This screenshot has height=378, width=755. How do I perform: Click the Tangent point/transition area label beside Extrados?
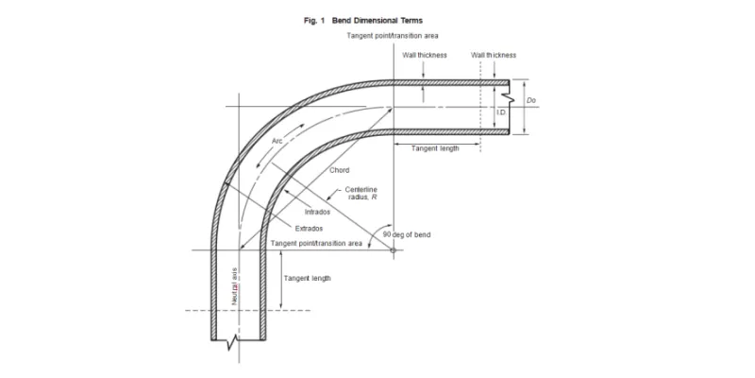(317, 243)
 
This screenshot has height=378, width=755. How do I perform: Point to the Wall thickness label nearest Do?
(491, 55)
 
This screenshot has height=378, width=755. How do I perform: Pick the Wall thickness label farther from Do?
(425, 55)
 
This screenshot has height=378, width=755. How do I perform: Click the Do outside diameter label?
(532, 99)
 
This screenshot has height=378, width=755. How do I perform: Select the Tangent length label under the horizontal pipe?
(435, 148)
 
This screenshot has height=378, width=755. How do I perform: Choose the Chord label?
(340, 170)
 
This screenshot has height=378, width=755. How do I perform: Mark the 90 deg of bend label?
(407, 234)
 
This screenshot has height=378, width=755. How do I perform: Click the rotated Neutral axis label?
(234, 287)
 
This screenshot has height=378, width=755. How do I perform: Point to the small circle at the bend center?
(393, 249)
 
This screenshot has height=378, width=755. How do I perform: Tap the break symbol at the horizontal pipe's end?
(511, 97)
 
